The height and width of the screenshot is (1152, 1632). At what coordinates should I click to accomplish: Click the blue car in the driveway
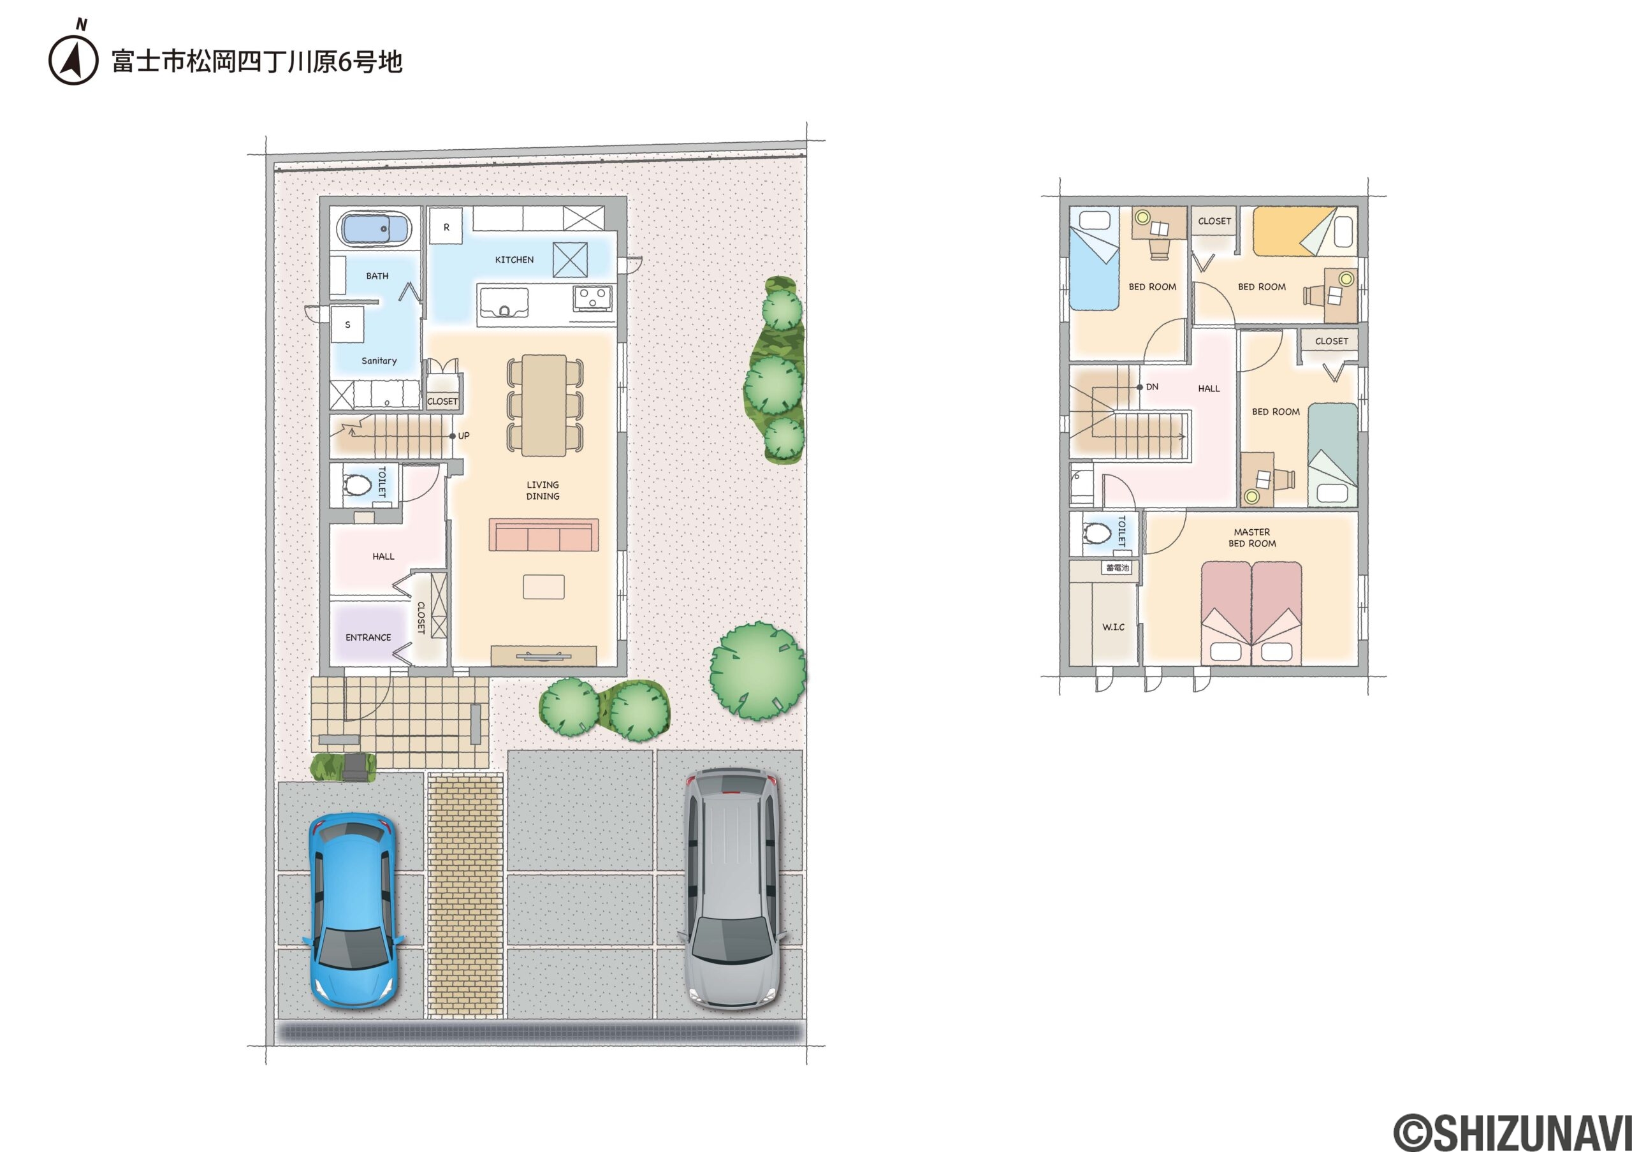click(x=353, y=910)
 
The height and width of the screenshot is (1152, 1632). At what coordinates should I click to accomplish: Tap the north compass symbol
click(x=74, y=57)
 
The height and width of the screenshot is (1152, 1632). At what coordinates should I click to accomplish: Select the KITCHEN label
click(x=514, y=260)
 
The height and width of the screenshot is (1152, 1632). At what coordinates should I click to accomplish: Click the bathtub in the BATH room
click(x=375, y=229)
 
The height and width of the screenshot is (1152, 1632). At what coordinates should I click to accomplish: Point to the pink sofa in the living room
click(x=544, y=535)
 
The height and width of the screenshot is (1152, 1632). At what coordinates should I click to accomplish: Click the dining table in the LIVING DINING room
click(x=544, y=405)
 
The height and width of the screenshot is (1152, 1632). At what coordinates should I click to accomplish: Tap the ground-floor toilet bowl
click(x=358, y=485)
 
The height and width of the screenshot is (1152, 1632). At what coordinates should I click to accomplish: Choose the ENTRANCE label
click(x=368, y=638)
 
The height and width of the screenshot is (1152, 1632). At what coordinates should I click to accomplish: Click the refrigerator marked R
click(x=446, y=227)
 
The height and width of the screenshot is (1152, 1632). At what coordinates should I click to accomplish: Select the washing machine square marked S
click(x=347, y=324)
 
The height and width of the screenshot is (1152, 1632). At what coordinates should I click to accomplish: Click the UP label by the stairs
click(x=463, y=435)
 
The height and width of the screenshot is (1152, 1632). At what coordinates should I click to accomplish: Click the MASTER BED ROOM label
click(x=1251, y=538)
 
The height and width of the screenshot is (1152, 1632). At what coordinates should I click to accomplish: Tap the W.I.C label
click(x=1113, y=627)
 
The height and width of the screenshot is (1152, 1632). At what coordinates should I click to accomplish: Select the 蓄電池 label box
click(x=1118, y=568)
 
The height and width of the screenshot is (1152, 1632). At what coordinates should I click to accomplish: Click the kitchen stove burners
click(x=593, y=298)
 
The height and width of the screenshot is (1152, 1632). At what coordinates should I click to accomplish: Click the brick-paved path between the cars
click(x=465, y=896)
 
